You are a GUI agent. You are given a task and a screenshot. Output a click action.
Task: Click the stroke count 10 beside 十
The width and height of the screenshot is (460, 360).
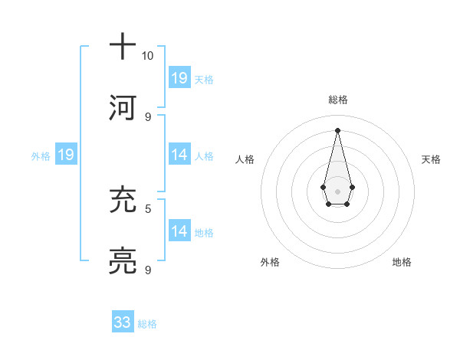click(148, 56)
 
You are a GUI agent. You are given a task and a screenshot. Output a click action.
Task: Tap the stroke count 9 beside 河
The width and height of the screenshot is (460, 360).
click(148, 116)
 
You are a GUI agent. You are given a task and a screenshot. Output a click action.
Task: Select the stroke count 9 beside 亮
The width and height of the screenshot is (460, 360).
click(148, 270)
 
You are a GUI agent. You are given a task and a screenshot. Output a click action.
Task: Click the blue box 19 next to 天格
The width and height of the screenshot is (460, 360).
click(179, 78)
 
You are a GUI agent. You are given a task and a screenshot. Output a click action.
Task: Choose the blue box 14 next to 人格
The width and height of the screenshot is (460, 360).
click(179, 155)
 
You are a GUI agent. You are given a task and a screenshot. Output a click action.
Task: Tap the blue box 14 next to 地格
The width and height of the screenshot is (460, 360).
click(179, 231)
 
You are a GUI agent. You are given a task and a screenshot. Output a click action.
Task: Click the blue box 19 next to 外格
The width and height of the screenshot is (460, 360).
click(66, 155)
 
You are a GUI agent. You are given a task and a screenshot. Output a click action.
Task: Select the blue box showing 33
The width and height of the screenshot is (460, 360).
click(123, 322)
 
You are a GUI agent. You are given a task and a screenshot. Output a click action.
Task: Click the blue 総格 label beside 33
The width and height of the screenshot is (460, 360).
click(147, 324)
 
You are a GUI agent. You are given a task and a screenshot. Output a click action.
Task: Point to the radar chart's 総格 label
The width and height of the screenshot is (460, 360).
click(338, 100)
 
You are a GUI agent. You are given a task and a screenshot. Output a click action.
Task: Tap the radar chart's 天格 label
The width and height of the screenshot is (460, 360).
click(432, 159)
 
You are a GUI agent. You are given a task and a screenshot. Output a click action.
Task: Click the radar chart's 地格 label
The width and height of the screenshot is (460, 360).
click(402, 262)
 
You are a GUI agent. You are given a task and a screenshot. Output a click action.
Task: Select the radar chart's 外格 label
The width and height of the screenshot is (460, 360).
click(270, 262)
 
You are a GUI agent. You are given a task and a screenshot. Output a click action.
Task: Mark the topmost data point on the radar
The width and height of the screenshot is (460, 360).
click(337, 129)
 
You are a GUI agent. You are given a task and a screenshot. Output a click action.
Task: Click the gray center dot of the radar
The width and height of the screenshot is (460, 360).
click(337, 190)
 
